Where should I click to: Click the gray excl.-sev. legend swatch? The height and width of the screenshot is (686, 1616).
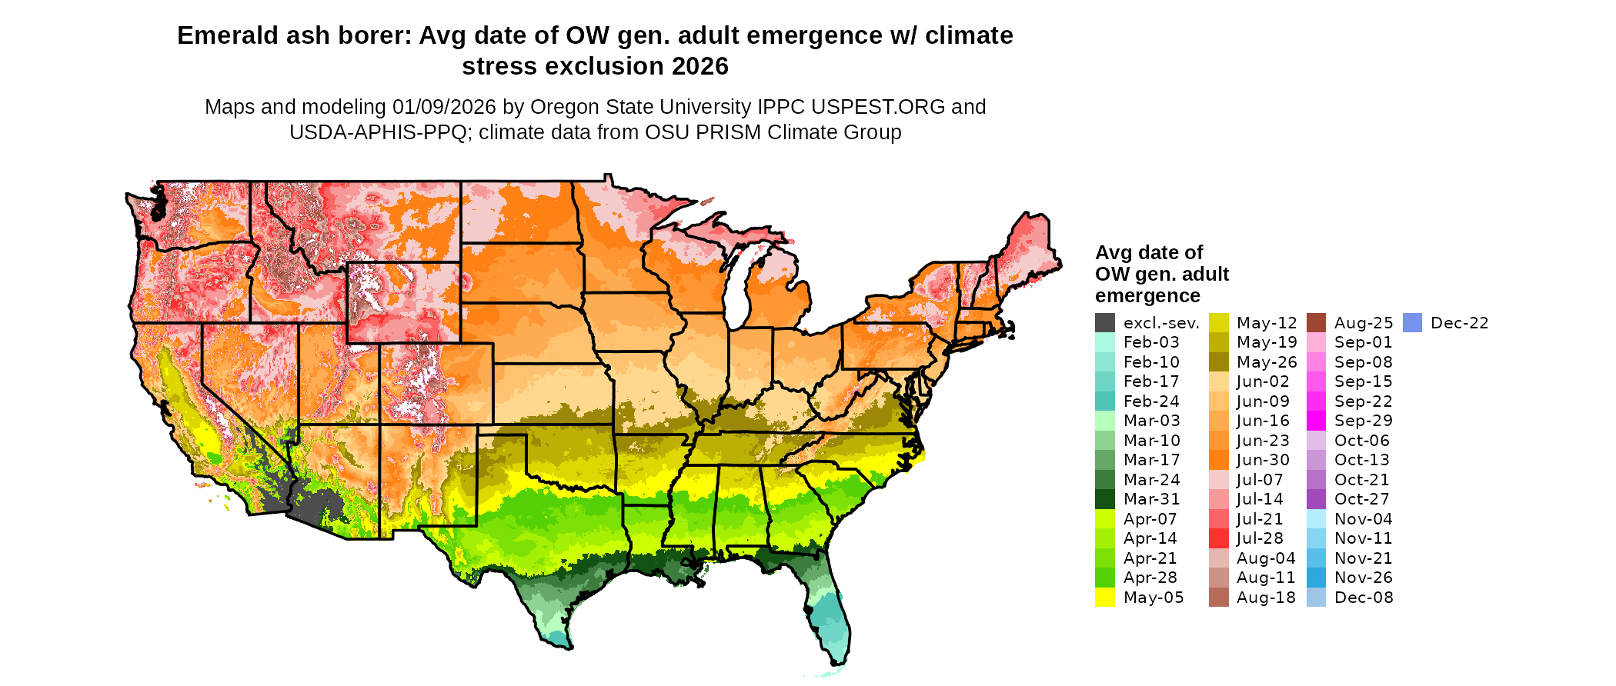coord(1105,323)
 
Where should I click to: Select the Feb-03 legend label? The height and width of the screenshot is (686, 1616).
coord(1150,342)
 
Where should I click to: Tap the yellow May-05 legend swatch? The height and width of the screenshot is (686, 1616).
coord(1105,598)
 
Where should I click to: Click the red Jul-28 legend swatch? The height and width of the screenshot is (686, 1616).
coord(1219,538)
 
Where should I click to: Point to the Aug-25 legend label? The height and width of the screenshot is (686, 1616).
coord(1364,323)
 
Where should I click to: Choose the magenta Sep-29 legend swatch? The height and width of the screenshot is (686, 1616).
coord(1317,421)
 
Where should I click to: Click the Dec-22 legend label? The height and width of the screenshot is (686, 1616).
coord(1459,323)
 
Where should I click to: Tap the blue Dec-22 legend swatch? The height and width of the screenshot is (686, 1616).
coord(1412,323)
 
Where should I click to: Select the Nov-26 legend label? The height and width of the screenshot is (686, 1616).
coord(1364,578)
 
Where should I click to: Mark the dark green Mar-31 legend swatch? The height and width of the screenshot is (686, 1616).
coord(1105,499)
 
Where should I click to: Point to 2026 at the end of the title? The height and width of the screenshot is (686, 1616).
coord(699,67)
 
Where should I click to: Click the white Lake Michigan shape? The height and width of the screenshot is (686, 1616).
coord(737,292)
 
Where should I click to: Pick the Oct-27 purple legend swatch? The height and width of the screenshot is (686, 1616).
coord(1317,499)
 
